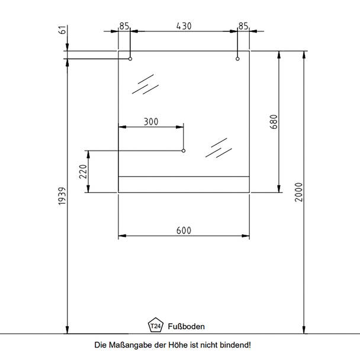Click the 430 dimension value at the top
[184, 26]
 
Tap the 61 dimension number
[62, 30]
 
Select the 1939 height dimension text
[62, 196]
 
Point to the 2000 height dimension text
[298, 192]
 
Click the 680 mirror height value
[274, 122]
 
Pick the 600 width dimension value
[184, 230]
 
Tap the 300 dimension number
[151, 122]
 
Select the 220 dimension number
[83, 172]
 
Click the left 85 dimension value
[124, 26]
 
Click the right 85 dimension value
[243, 26]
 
